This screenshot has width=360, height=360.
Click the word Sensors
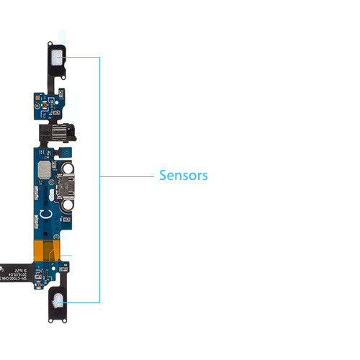[x=183, y=175]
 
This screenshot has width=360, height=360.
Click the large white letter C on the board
[x=45, y=215]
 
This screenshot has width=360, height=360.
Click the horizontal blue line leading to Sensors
[x=126, y=176]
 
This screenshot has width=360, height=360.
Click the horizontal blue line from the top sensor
[x=83, y=57]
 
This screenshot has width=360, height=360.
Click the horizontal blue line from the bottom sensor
[x=83, y=302]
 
